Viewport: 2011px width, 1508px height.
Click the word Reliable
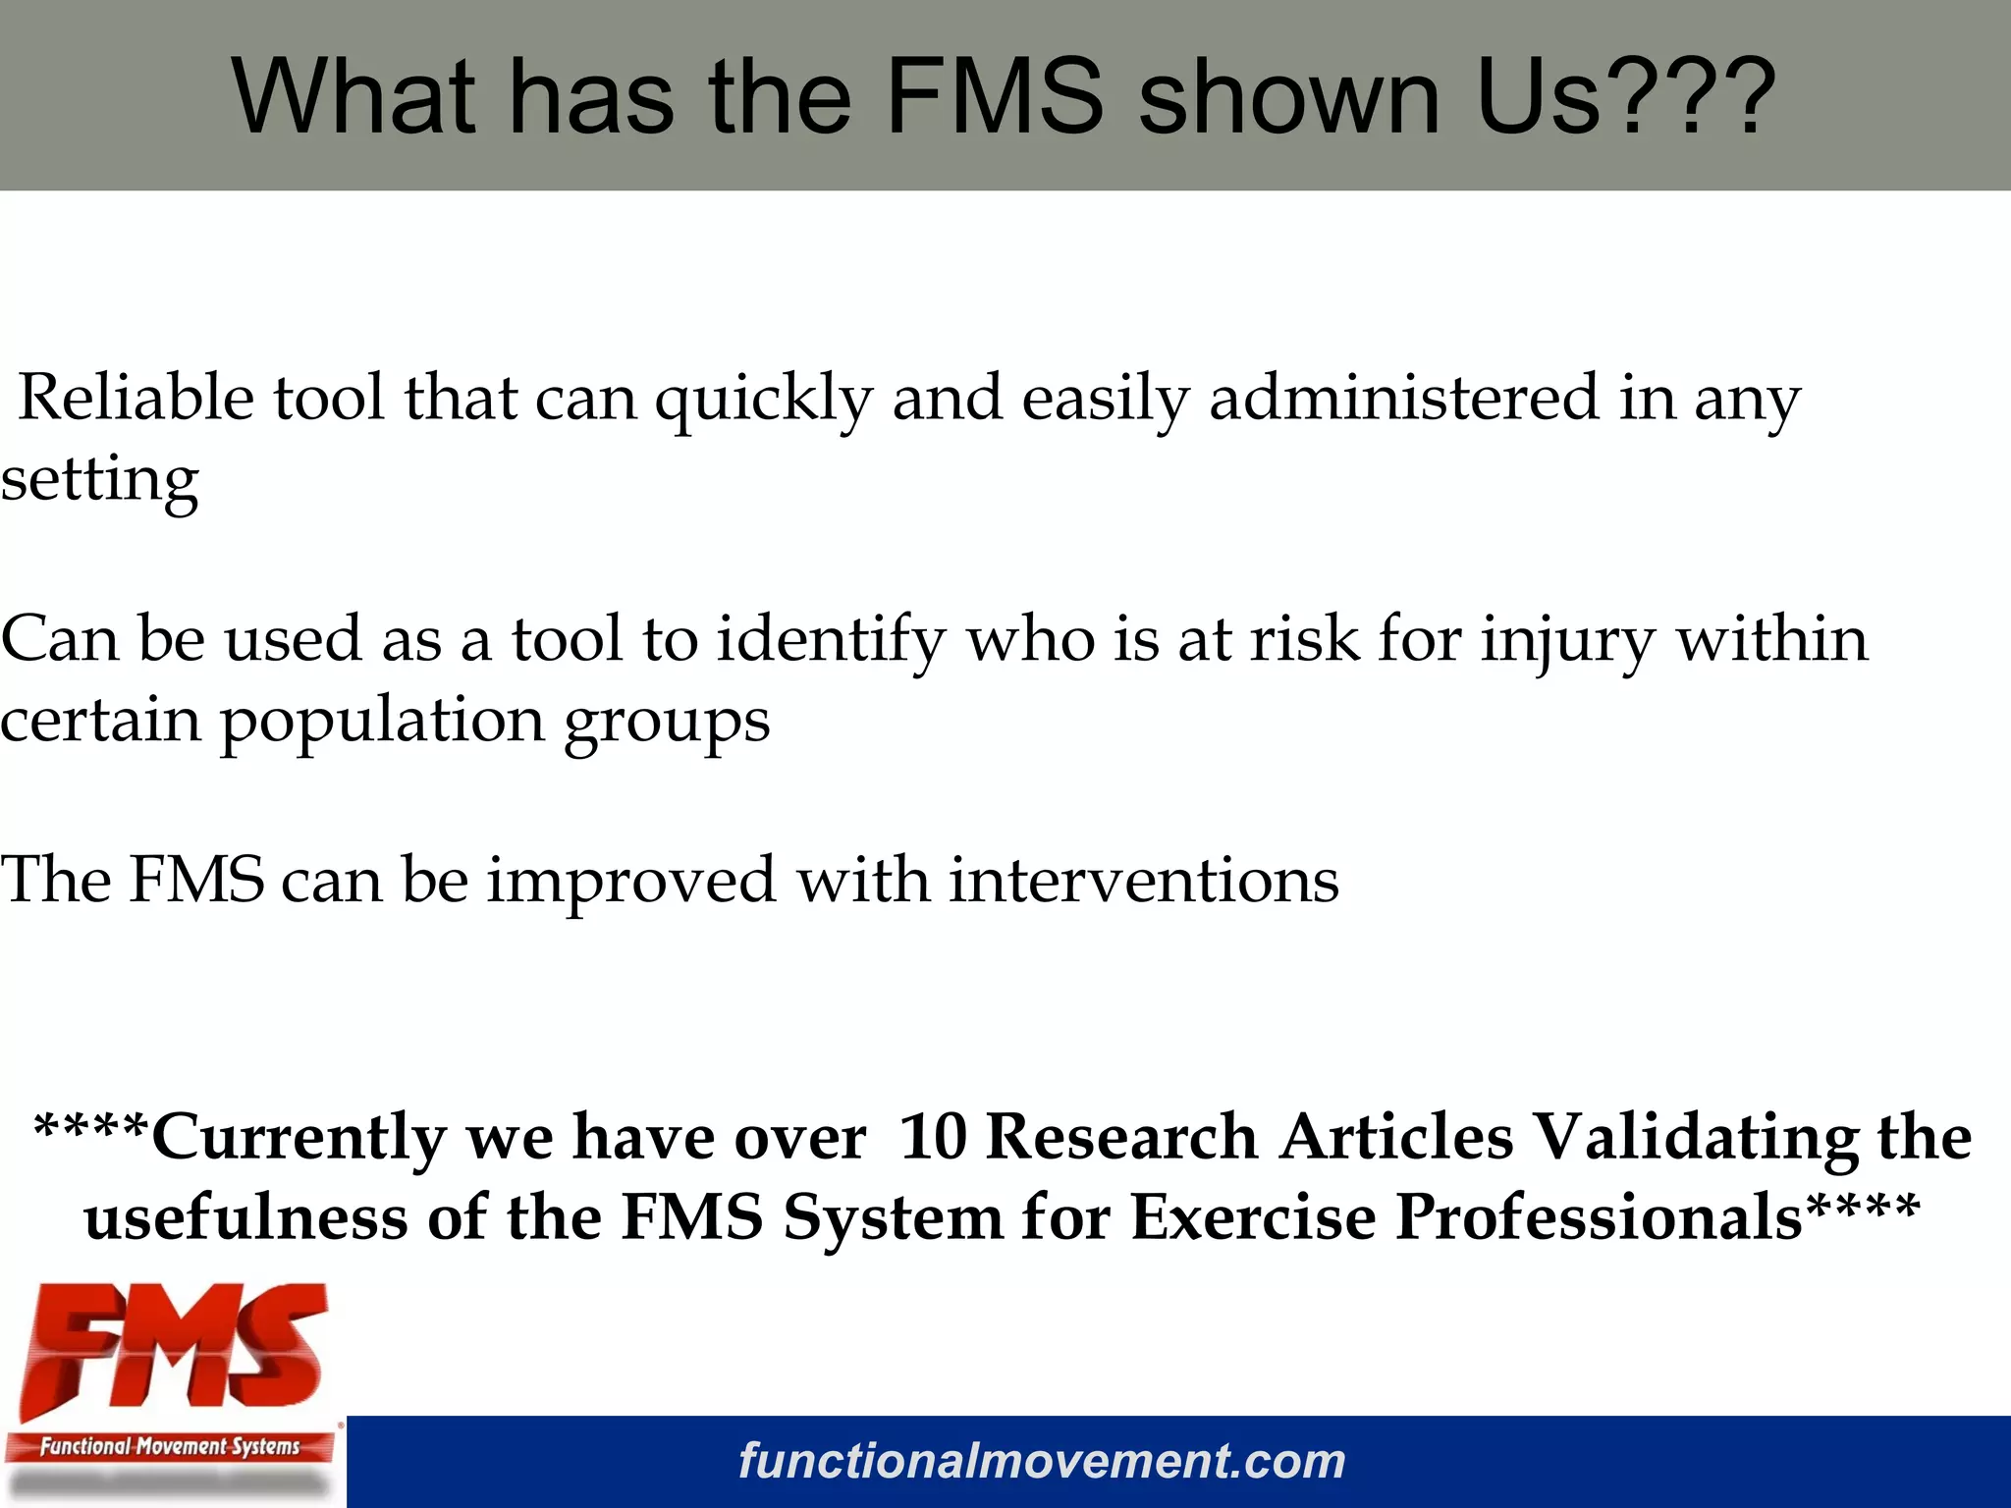click(136, 398)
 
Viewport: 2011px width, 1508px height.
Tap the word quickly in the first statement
click(764, 400)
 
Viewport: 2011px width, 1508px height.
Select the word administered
click(1404, 398)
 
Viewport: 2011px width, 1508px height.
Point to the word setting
click(99, 481)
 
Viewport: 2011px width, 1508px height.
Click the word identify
click(831, 640)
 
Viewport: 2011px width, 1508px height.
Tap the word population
click(382, 722)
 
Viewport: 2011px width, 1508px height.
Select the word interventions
click(1143, 880)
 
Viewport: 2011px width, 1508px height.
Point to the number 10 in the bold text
click(933, 1137)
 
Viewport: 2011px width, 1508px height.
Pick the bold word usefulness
click(245, 1217)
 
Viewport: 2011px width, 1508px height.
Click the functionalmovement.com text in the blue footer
click(1042, 1461)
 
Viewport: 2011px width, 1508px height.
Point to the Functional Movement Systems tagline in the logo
click(170, 1446)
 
